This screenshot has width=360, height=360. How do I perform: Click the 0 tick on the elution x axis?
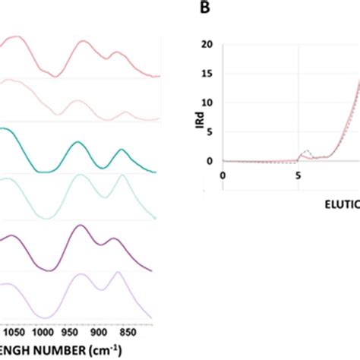pos(223,175)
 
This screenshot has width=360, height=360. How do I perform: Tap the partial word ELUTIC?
pos(335,204)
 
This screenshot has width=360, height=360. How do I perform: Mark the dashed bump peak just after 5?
pos(306,150)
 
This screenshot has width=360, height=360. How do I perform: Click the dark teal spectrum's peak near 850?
pos(122,150)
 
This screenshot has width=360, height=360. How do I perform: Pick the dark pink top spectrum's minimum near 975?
pos(54,76)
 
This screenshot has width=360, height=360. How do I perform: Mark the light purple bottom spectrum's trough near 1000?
pos(49,317)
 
